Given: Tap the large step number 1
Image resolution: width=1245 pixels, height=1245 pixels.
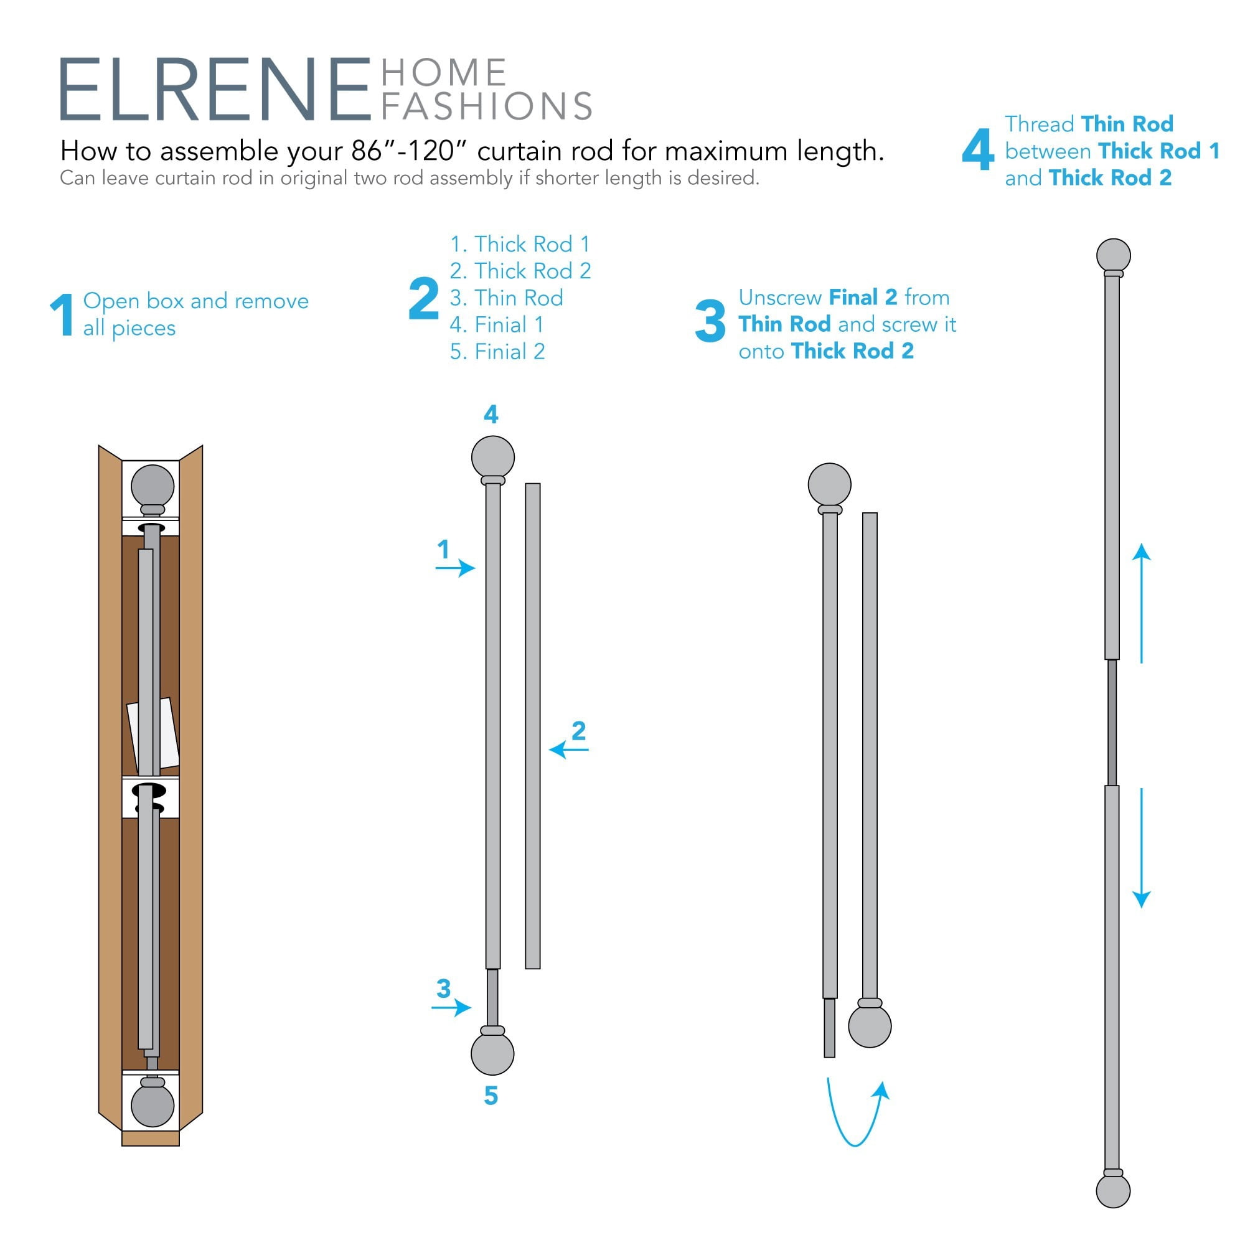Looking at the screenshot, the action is click(62, 314).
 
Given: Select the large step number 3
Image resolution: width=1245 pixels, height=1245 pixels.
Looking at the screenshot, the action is click(710, 321).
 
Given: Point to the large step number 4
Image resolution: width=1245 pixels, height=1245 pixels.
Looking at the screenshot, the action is click(978, 149).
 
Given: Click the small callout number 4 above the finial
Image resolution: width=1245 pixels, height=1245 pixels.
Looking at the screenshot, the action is click(491, 415).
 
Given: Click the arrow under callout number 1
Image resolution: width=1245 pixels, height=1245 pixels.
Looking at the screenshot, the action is click(456, 568).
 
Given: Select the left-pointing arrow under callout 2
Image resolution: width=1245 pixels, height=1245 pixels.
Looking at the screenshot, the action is click(568, 749).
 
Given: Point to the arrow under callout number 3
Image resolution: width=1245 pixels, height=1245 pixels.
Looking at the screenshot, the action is click(452, 1007).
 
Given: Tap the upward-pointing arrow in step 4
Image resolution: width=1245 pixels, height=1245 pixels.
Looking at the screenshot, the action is click(1142, 603).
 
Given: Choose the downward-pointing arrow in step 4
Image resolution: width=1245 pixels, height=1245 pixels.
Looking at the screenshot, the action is click(1142, 848).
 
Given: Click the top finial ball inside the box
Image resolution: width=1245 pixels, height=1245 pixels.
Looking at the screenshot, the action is click(153, 486).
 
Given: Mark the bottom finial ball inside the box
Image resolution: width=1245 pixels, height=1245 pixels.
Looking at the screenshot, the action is click(153, 1105).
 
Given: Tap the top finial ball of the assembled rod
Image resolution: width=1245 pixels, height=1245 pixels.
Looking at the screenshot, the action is click(1114, 255).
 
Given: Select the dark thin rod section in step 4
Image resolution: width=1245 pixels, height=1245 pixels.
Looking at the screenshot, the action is click(1112, 722).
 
